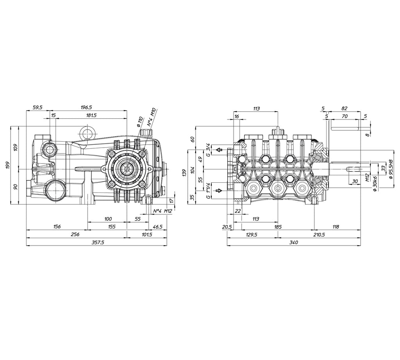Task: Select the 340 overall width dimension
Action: click(294, 242)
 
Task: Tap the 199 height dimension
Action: click(7, 165)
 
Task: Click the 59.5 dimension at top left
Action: click(37, 108)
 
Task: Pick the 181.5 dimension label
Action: click(91, 116)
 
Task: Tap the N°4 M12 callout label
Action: click(163, 211)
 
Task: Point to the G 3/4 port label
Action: click(209, 150)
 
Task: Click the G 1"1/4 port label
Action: click(209, 191)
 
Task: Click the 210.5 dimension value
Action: click(319, 235)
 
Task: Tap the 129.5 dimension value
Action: click(252, 235)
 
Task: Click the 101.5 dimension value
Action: click(146, 235)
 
